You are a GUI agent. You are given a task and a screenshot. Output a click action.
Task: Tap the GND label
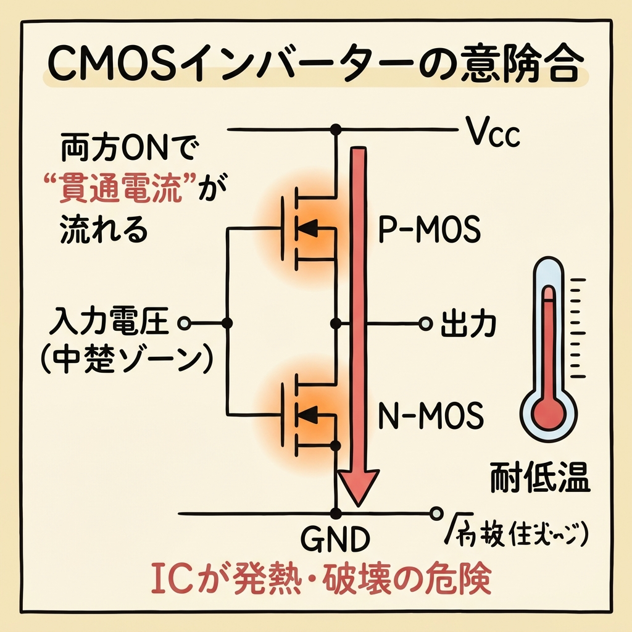pos(335,540)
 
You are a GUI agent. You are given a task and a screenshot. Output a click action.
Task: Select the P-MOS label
pos(428,231)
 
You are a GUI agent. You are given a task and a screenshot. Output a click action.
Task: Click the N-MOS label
pos(428,418)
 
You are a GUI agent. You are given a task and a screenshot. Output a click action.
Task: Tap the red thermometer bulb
pos(548,409)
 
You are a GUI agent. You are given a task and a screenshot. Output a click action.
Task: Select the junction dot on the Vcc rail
pos(336,130)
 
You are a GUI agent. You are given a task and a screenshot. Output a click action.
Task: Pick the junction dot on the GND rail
pos(336,513)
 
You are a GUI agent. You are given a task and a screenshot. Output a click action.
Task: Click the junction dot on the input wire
pos(227,323)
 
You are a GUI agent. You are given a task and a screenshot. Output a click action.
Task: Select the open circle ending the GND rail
pos(436,513)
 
